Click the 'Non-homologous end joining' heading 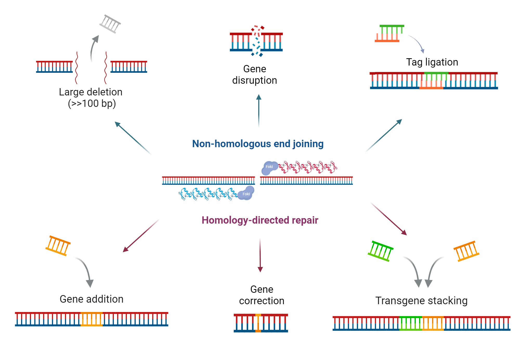coord(258,144)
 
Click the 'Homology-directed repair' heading coord(260,220)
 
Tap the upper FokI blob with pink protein coord(269,167)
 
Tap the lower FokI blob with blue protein coord(246,194)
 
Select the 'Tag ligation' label coord(432,62)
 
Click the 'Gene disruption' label coord(255,75)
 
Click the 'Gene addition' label coord(92,299)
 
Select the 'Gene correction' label coord(262,295)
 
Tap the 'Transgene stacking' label coord(421,301)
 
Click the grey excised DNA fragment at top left coord(110,24)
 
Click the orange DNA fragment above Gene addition coord(58,245)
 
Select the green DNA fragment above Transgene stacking coord(380,251)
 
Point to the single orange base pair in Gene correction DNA coord(258,323)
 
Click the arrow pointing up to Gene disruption coord(259,110)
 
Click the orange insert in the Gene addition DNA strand coord(92,319)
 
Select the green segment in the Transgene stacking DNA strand coord(411,323)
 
